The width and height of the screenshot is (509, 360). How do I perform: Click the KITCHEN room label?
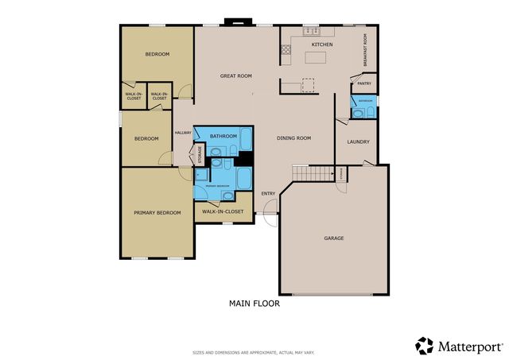click(321, 45)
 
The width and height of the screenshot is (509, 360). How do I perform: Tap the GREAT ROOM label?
click(236, 75)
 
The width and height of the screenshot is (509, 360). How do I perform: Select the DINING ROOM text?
click(293, 137)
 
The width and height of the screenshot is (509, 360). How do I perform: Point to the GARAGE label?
click(333, 238)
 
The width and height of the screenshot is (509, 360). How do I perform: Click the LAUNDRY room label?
click(357, 143)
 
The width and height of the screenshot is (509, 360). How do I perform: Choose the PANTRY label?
click(364, 83)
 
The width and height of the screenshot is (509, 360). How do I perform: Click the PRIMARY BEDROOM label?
click(157, 212)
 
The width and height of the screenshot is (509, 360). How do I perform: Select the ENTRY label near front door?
click(268, 192)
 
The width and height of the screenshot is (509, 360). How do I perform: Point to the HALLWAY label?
click(184, 132)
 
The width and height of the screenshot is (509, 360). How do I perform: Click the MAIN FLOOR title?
click(254, 303)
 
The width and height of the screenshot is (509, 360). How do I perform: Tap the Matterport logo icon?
click(425, 346)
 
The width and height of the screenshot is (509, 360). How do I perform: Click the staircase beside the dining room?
click(311, 173)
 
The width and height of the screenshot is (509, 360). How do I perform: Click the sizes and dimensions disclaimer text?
click(254, 351)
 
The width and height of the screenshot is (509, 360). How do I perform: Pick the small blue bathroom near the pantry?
click(364, 107)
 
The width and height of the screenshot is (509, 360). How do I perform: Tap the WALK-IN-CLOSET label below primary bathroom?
click(223, 212)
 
